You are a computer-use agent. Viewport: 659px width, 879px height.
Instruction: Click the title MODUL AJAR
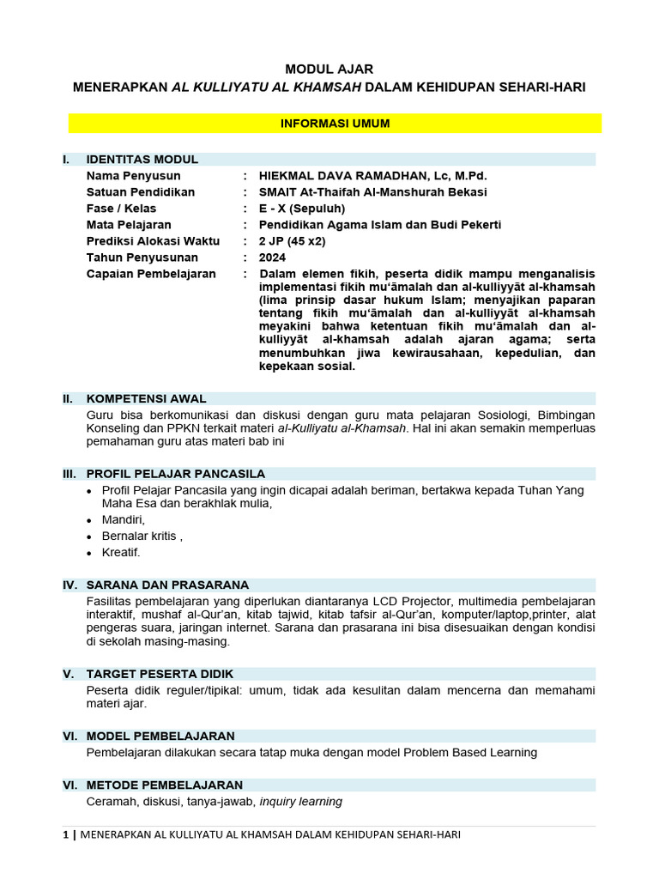pos(329,69)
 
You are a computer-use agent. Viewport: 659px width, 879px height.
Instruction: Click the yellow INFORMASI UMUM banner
pos(335,124)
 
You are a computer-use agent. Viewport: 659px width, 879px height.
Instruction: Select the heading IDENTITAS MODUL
pos(142,159)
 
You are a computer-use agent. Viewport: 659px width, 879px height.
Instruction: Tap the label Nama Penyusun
pos(133,175)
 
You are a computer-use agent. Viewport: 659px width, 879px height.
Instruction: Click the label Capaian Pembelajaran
pos(151,274)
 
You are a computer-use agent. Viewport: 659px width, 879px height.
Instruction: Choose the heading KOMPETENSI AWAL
pos(146,398)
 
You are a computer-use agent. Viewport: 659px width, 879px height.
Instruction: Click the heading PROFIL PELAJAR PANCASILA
pos(176,474)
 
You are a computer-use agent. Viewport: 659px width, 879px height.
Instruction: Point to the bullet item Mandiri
pos(123,520)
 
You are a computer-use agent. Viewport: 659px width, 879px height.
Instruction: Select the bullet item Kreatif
pos(120,553)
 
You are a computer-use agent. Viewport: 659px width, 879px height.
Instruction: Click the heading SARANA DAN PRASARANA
pos(167,585)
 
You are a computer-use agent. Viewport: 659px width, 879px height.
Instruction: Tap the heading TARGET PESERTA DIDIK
pos(160,674)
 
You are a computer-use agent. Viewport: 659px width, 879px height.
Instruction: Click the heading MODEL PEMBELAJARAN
pos(160,736)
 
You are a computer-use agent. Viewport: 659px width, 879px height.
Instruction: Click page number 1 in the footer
pos(66,835)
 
